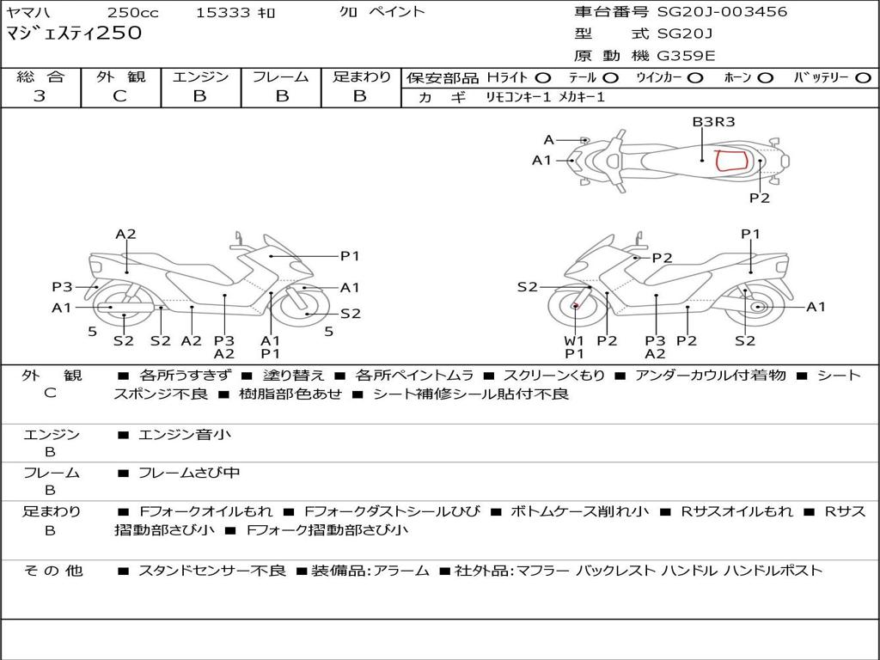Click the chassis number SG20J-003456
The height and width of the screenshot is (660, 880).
[722, 11]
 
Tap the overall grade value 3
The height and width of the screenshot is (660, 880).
[40, 95]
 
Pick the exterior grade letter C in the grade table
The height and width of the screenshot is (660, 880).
[120, 95]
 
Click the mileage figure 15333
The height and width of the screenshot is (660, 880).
[223, 12]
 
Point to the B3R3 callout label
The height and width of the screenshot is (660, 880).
[713, 122]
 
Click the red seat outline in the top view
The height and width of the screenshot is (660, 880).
[732, 160]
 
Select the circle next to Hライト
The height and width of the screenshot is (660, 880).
[543, 78]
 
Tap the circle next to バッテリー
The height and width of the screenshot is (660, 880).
[863, 78]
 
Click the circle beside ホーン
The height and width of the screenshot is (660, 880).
[766, 78]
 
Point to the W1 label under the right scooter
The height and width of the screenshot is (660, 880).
[574, 340]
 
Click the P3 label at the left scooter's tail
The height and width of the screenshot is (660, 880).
[62, 287]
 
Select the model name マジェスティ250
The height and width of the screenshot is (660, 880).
[74, 33]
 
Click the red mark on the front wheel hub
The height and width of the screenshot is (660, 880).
[575, 306]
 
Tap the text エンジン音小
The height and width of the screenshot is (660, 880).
[185, 434]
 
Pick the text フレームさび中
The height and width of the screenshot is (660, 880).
[189, 474]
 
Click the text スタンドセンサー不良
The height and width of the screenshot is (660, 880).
[212, 571]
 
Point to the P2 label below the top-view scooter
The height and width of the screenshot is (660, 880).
[760, 199]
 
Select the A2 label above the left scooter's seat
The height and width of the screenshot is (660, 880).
[125, 234]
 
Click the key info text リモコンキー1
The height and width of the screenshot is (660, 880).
[518, 97]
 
